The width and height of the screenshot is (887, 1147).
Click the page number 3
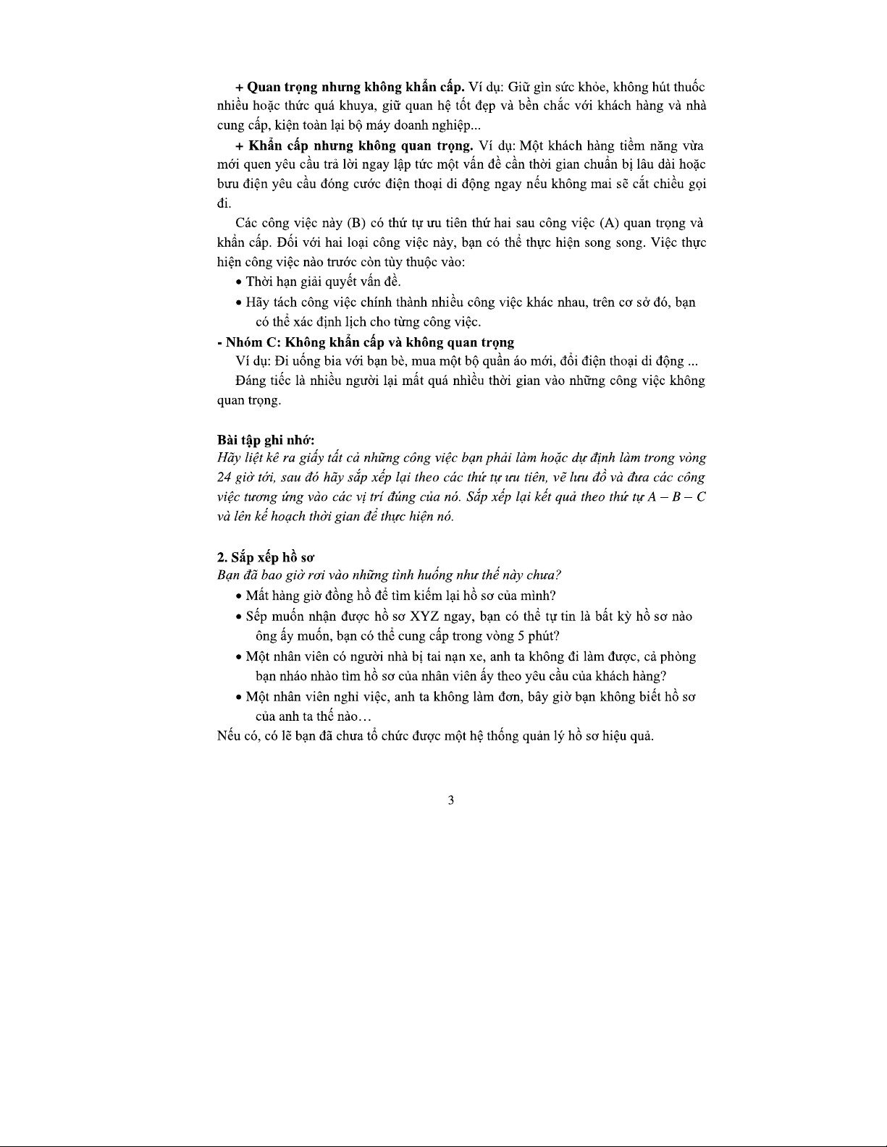[x=451, y=800]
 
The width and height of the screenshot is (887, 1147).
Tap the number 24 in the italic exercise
[x=224, y=478]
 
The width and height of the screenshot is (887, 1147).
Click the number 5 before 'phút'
[x=513, y=637]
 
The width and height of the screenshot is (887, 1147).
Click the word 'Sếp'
[x=257, y=617]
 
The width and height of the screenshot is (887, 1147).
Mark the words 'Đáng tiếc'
[x=261, y=381]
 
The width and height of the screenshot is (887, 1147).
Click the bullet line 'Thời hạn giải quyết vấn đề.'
[x=323, y=282]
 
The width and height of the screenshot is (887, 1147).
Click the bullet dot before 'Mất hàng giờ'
[x=239, y=597]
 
